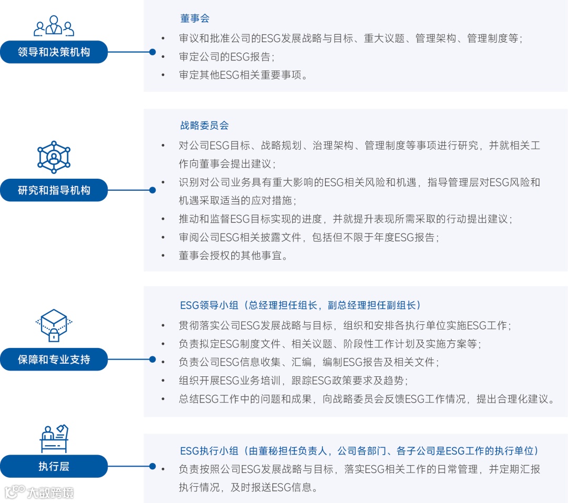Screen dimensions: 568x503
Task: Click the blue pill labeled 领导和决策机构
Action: pyautogui.click(x=54, y=52)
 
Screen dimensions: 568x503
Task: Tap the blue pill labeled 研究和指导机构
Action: pyautogui.click(x=54, y=190)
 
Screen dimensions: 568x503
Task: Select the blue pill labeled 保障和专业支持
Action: pyautogui.click(x=54, y=360)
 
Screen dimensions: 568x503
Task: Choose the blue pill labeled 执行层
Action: pyautogui.click(x=54, y=466)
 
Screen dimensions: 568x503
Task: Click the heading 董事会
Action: pyautogui.click(x=195, y=18)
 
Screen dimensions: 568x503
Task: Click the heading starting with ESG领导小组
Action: pyautogui.click(x=300, y=305)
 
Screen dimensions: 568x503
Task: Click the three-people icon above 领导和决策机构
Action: pyautogui.click(x=54, y=26)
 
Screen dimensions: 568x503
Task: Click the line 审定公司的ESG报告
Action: pyautogui.click(x=227, y=56)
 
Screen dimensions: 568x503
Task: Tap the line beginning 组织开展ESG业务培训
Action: pyautogui.click(x=293, y=380)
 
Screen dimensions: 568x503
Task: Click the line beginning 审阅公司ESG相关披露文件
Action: pyautogui.click(x=309, y=238)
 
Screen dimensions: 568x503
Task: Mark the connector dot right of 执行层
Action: pyautogui.click(x=153, y=466)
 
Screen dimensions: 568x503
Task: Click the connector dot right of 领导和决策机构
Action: pyautogui.click(x=153, y=52)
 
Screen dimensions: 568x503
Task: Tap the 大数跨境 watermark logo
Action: pyautogui.click(x=39, y=492)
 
